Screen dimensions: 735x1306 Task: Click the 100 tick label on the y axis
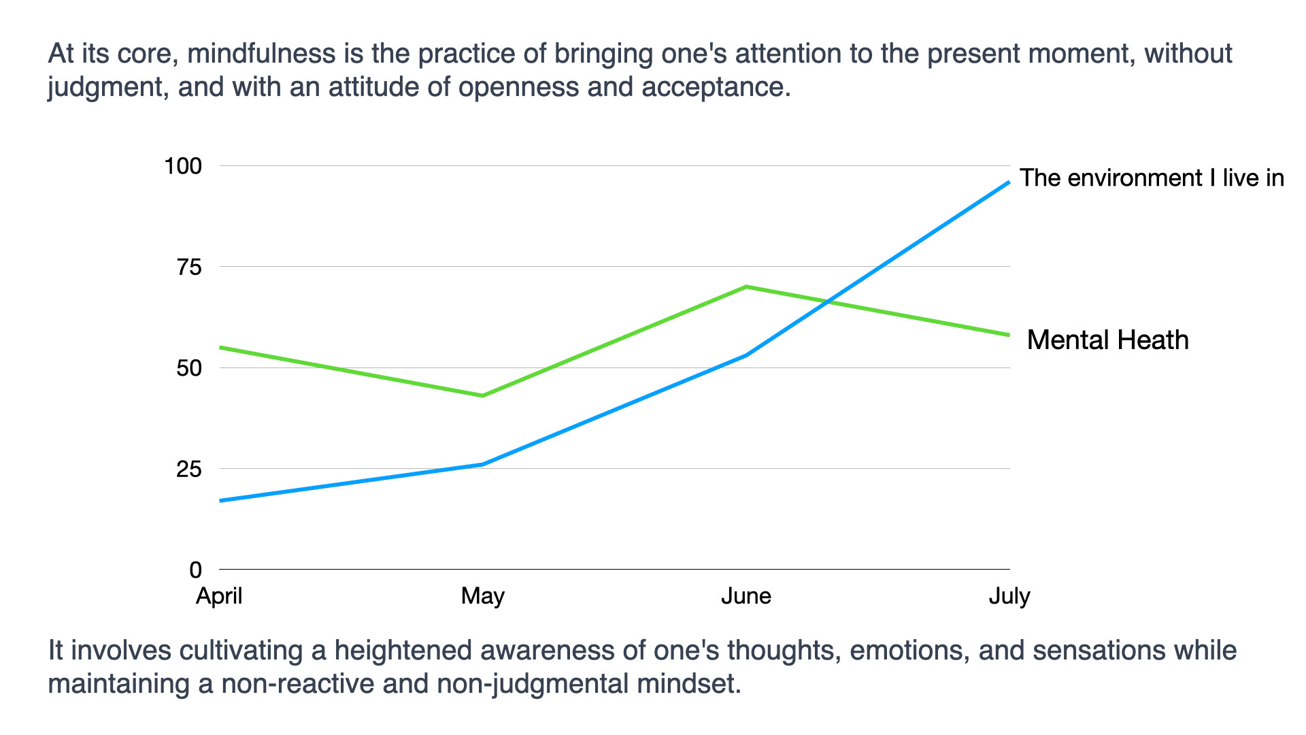pos(183,166)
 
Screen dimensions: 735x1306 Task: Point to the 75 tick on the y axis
pos(189,267)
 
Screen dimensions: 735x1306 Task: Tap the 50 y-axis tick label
pos(189,368)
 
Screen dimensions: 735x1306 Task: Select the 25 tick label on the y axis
pos(189,469)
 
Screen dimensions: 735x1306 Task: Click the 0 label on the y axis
pos(196,570)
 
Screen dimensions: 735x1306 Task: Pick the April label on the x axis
pos(219,596)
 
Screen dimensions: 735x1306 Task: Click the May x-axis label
pos(482,596)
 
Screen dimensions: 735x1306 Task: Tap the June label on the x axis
pos(746,596)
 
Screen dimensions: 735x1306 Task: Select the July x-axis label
pos(1009,596)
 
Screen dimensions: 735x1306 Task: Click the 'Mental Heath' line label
pos(1107,340)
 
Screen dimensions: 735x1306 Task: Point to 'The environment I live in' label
pos(1152,178)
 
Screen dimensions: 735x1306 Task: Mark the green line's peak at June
pos(746,287)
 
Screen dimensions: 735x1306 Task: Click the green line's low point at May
pos(482,395)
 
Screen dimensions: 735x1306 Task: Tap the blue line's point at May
pos(482,464)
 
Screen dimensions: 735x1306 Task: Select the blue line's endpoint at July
pos(1009,182)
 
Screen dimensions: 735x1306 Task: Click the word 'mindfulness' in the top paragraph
pos(261,53)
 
